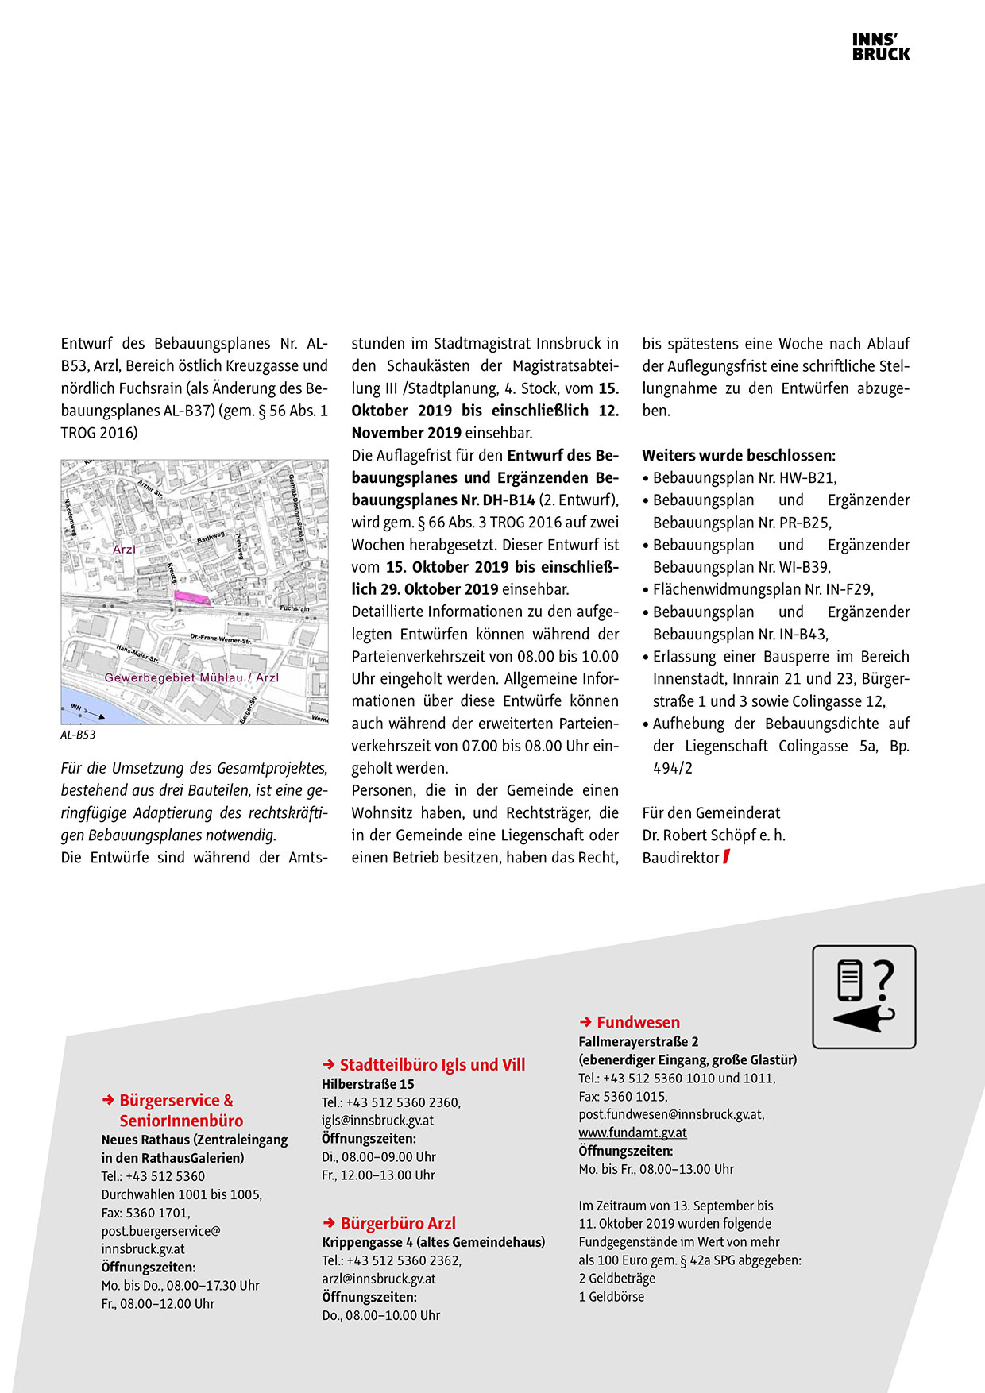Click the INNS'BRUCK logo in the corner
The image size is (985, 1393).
[x=881, y=48]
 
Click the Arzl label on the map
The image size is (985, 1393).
[x=124, y=549]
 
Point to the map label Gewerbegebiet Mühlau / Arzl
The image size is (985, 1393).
[x=191, y=677]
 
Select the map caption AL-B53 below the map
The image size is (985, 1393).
[x=78, y=735]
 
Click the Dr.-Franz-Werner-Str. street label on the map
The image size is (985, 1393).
[x=221, y=639]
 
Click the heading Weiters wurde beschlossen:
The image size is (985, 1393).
[x=739, y=456]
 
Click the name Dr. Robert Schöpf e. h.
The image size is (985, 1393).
[x=713, y=835]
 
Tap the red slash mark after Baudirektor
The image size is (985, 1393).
[x=726, y=857]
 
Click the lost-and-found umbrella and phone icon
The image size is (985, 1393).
[x=863, y=997]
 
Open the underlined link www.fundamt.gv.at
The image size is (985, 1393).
[x=632, y=1133]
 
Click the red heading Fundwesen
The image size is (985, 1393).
[x=638, y=1022]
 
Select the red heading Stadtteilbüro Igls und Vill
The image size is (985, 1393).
[x=432, y=1065]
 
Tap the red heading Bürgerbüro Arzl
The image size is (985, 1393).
[x=398, y=1223]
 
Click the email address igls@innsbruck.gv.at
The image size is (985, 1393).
[x=377, y=1121]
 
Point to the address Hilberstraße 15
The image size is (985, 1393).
[x=368, y=1084]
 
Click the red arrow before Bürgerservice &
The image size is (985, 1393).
[x=108, y=1100]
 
